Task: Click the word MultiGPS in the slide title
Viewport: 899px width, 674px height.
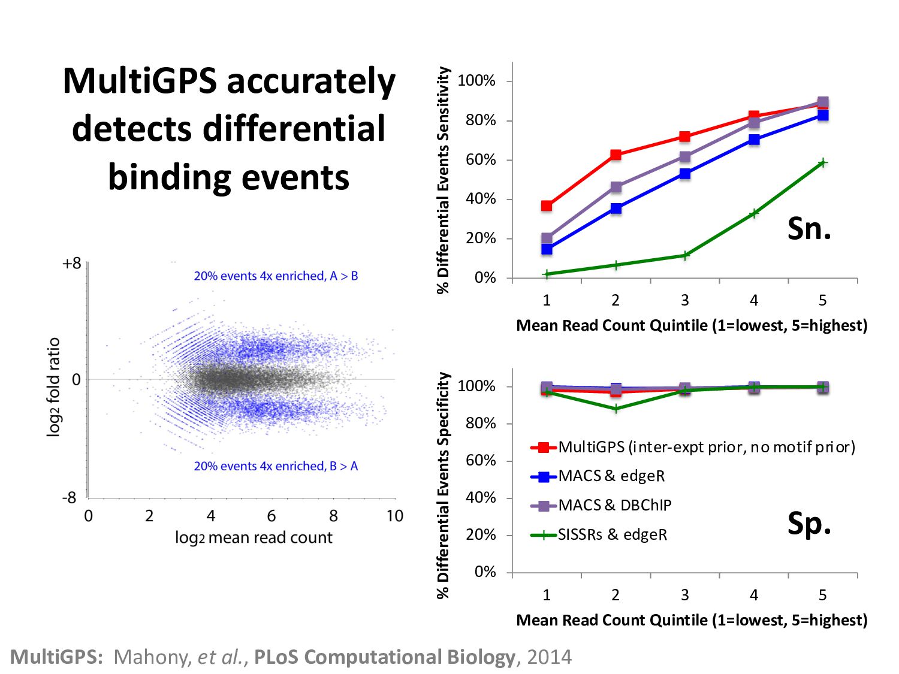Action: pyautogui.click(x=139, y=81)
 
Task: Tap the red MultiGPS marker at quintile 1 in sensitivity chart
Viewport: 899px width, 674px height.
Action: pyautogui.click(x=547, y=206)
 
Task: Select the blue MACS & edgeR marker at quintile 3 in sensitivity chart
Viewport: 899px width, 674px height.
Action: pyautogui.click(x=685, y=174)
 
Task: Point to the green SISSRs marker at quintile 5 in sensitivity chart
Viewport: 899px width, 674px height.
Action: pyautogui.click(x=823, y=162)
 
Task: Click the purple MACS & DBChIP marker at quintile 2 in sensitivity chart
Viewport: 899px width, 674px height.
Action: pyautogui.click(x=616, y=187)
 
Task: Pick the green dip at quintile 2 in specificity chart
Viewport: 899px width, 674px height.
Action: pyautogui.click(x=616, y=409)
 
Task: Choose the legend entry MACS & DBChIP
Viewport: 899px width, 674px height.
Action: pyautogui.click(x=614, y=505)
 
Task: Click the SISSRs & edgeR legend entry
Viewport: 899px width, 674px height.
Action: pyautogui.click(x=612, y=534)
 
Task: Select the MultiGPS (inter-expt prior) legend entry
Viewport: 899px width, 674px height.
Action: pyautogui.click(x=706, y=447)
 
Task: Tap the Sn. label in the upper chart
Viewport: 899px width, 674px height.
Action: pyautogui.click(x=809, y=228)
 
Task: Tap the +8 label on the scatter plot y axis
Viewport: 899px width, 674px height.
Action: pyautogui.click(x=71, y=264)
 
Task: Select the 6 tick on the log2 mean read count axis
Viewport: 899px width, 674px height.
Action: pyautogui.click(x=271, y=516)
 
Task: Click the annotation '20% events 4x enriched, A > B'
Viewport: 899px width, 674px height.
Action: pyautogui.click(x=276, y=276)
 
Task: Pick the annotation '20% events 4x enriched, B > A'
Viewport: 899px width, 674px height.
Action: pyautogui.click(x=276, y=466)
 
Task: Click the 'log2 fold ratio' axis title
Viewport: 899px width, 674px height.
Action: pyautogui.click(x=54, y=387)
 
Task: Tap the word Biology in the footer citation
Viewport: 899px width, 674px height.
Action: pyautogui.click(x=481, y=657)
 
